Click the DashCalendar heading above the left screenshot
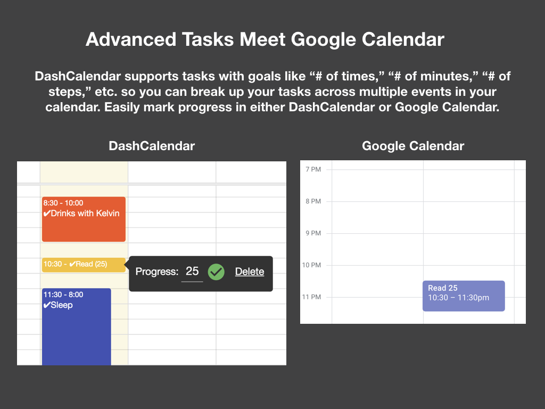(152, 146)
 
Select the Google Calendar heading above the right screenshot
(413, 146)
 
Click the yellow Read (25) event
(84, 265)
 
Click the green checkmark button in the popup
(216, 272)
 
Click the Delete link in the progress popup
(250, 272)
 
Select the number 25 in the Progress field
(192, 271)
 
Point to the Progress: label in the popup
(156, 272)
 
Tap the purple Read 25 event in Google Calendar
(463, 296)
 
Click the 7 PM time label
(313, 169)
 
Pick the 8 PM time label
(313, 201)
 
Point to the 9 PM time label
(313, 233)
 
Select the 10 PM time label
(311, 265)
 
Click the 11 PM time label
(311, 297)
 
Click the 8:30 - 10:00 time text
(63, 203)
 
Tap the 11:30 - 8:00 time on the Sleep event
(63, 295)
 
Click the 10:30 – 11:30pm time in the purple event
(458, 298)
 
